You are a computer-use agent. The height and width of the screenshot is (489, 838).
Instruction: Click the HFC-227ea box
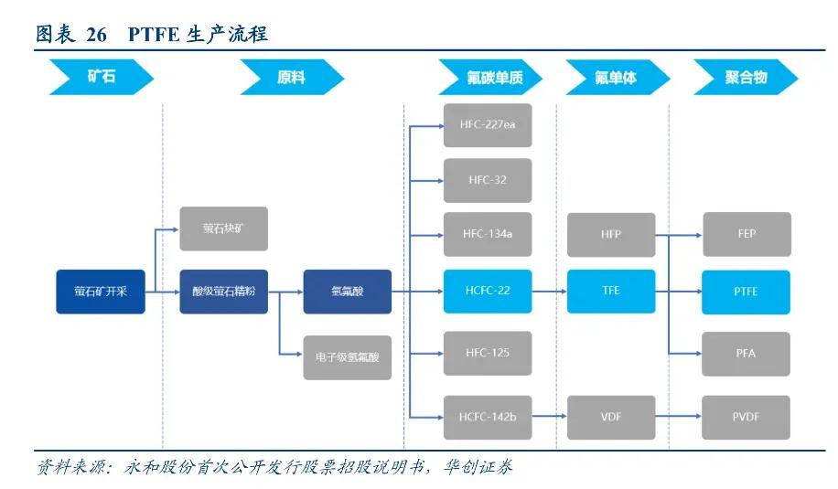pyautogui.click(x=488, y=126)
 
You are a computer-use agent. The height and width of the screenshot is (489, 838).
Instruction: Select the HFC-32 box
pyautogui.click(x=488, y=180)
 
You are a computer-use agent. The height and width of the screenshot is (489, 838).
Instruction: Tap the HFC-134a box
pyautogui.click(x=488, y=234)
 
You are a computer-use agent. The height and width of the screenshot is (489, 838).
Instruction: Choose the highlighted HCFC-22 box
pyautogui.click(x=488, y=292)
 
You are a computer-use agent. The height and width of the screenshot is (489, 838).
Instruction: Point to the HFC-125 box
pyautogui.click(x=488, y=353)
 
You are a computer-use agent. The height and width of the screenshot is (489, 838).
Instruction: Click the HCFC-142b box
pyautogui.click(x=488, y=418)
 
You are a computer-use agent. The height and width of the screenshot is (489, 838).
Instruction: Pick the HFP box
pyautogui.click(x=611, y=235)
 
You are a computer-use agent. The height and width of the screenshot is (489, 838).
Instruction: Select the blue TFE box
pyautogui.click(x=611, y=292)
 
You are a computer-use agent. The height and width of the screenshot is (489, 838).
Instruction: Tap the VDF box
pyautogui.click(x=611, y=418)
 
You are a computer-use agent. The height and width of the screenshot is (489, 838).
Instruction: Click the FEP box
pyautogui.click(x=747, y=235)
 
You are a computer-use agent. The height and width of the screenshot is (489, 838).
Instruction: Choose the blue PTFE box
pyautogui.click(x=747, y=292)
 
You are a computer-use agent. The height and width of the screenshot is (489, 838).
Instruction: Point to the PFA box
pyautogui.click(x=747, y=353)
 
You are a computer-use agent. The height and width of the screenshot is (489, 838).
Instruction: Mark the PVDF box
pyautogui.click(x=747, y=418)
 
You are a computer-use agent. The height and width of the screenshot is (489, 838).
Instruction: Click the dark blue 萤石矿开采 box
pyautogui.click(x=101, y=292)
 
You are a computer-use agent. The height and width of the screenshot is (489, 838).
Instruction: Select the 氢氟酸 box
pyautogui.click(x=347, y=292)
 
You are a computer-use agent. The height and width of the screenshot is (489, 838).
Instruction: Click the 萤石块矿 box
pyautogui.click(x=223, y=229)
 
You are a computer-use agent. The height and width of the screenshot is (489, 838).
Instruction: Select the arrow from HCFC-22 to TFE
pyautogui.click(x=549, y=292)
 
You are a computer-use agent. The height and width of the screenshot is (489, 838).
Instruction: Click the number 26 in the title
pyautogui.click(x=97, y=35)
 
